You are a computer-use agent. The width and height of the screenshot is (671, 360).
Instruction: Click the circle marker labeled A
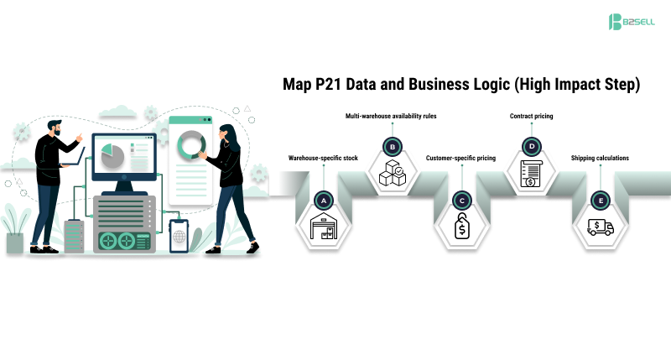[x=323, y=200]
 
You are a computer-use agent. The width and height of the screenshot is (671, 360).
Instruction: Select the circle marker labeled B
[x=392, y=147]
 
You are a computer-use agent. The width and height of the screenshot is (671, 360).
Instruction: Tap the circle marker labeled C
[x=460, y=200]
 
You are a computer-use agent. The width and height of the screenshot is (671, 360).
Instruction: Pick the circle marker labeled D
[x=531, y=147]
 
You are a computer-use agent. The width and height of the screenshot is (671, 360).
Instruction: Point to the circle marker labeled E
[x=600, y=200]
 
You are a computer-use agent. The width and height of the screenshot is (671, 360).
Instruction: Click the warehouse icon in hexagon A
[x=323, y=229]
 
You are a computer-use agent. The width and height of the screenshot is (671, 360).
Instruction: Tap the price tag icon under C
[x=460, y=229]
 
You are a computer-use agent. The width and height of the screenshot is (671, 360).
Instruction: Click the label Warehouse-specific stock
[x=323, y=158]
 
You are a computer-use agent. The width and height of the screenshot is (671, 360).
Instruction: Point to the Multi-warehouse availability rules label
[x=391, y=114]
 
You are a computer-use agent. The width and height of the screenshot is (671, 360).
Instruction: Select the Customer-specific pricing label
[x=460, y=158]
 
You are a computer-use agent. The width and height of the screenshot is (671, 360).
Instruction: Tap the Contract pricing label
[x=532, y=114]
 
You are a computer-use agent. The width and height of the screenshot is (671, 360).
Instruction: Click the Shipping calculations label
[x=600, y=158]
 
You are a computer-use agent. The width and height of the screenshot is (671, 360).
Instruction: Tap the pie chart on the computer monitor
[x=107, y=154]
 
